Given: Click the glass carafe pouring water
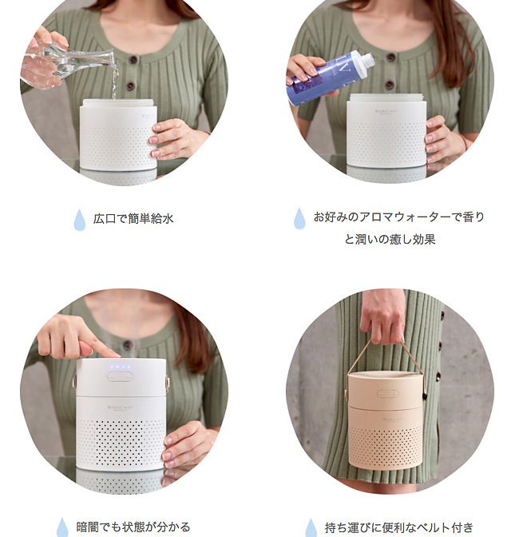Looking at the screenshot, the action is pos(69,65).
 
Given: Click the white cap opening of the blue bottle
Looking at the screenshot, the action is pos(365,59).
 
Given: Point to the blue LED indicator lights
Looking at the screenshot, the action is pos(120,367).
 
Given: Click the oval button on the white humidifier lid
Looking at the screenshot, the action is pos(120,376).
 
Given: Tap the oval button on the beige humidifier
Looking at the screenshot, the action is pos(388,393).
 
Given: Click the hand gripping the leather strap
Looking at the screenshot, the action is pos(382,316).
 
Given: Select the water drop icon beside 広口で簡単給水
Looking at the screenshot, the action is pos(79,220).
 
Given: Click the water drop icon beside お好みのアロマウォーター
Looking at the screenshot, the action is pos(299,218).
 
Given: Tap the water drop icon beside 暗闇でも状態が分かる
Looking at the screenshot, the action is pos(62,527).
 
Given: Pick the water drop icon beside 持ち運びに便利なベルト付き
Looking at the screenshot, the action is pos(311,527).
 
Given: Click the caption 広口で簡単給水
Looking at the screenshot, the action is pos(133,218).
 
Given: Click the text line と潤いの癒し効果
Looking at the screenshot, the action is pos(390,239).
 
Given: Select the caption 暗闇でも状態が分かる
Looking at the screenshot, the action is pos(133,527).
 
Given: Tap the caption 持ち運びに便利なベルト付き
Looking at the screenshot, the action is pos(399,527).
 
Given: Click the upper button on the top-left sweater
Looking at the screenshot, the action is pos(133,60).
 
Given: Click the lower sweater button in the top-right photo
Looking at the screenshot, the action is pos(390,85).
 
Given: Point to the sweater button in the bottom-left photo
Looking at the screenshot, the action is pos(127,345).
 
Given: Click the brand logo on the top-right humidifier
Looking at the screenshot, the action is pos(386,112).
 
